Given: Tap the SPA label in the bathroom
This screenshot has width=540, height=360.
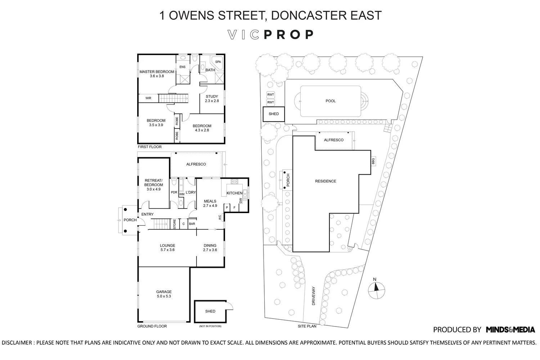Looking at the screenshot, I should point(218,62).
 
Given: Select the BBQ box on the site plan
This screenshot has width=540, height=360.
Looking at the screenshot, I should point(373,161).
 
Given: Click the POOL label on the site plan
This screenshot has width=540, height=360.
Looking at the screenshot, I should point(330,101).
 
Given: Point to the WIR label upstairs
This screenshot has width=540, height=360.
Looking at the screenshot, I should point(148,98).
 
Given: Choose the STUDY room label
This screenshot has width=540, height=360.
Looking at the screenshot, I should point(212,96).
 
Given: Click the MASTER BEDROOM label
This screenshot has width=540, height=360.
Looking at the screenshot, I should point(157,72).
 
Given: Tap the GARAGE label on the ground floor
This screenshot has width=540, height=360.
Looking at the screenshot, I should point(164,292).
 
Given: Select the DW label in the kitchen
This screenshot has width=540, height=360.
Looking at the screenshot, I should point(240,200).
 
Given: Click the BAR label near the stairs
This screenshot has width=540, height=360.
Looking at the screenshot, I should point(192,224).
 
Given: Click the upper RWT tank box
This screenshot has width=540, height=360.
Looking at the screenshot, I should point(271,95).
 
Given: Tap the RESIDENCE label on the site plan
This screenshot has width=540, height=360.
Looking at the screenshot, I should point(325,181).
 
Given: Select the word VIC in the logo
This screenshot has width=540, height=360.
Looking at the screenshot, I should point(244,35).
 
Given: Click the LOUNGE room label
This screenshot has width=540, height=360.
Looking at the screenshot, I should point(167,246).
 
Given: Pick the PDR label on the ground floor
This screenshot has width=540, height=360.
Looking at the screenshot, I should point(174,193).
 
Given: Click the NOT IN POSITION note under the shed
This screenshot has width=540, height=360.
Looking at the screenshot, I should point(210,326).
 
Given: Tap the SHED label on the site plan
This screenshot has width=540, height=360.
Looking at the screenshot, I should point(274,114).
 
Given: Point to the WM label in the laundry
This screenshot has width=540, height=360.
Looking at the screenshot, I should point(181,194).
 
